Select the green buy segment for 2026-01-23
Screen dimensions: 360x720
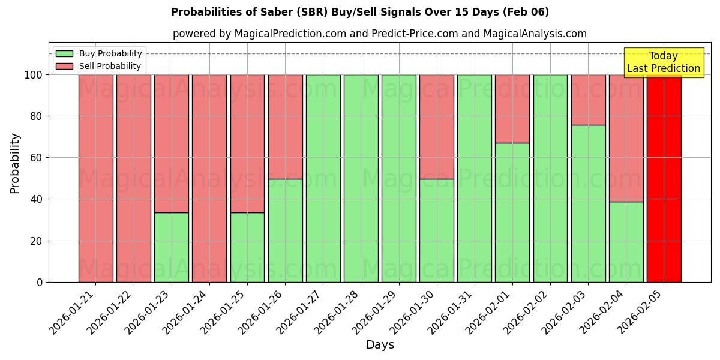pyautogui.click(x=172, y=247)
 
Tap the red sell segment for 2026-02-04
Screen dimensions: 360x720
pyautogui.click(x=626, y=138)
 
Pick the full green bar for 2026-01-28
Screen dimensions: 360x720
pyautogui.click(x=361, y=178)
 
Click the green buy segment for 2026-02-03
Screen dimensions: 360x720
pyautogui.click(x=588, y=203)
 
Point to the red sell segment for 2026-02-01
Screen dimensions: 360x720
pyautogui.click(x=512, y=109)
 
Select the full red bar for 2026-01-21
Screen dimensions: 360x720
pyautogui.click(x=96, y=178)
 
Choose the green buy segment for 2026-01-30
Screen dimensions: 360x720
pyautogui.click(x=437, y=230)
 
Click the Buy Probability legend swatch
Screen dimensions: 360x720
pyautogui.click(x=64, y=53)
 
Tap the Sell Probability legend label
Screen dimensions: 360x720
pyautogui.click(x=110, y=66)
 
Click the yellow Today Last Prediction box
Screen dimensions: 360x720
pyautogui.click(x=663, y=62)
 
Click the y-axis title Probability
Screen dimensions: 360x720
pyautogui.click(x=15, y=163)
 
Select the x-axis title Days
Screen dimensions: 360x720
pyautogui.click(x=380, y=345)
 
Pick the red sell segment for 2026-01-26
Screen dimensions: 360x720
pyautogui.click(x=286, y=127)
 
